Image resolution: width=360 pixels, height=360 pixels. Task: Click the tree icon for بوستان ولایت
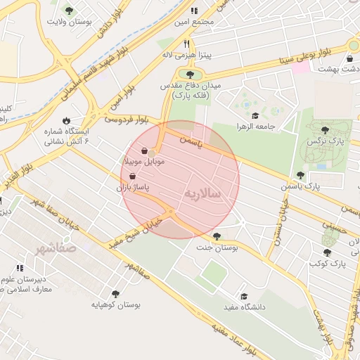69,11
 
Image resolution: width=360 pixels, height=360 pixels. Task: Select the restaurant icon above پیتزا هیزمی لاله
186,44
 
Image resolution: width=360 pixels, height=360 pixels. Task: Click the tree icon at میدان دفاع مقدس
189,75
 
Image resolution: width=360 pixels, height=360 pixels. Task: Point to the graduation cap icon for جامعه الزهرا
255,116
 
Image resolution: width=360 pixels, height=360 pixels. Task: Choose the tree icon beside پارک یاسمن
300,175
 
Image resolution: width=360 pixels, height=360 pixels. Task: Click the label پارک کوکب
328,263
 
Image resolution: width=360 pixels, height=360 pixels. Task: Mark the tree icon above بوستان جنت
216,236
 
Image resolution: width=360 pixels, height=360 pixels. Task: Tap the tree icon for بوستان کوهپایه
115,294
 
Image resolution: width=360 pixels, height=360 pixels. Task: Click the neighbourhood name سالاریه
203,192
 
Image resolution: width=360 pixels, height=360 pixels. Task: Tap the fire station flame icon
66,120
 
